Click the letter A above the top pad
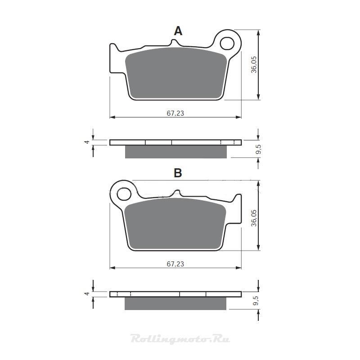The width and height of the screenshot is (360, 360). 178,31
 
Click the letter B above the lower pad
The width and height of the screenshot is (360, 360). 178,173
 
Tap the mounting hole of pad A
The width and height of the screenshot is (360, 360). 227,43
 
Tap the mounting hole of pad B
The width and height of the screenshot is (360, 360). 124,194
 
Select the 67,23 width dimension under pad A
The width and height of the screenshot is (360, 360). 175,113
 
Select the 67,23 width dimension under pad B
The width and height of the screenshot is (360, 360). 175,264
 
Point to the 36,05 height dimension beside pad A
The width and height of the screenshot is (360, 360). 254,64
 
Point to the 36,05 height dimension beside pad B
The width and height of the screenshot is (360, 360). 254,218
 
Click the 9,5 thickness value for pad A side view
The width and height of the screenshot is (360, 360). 258,149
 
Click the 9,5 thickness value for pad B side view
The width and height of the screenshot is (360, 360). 256,301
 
